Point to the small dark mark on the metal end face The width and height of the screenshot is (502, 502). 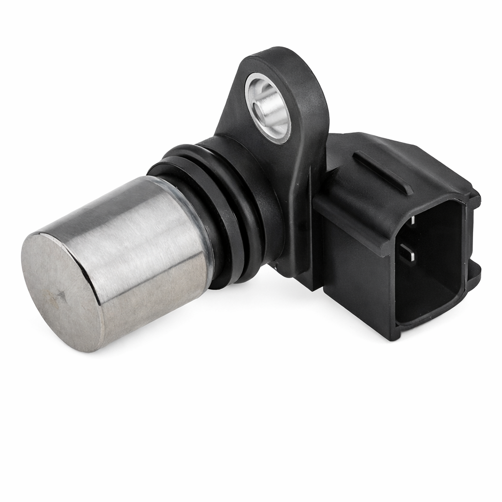(62, 295)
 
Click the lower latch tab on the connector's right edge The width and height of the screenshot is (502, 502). (475, 275)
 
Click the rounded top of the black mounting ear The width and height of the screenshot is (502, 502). (275, 56)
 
